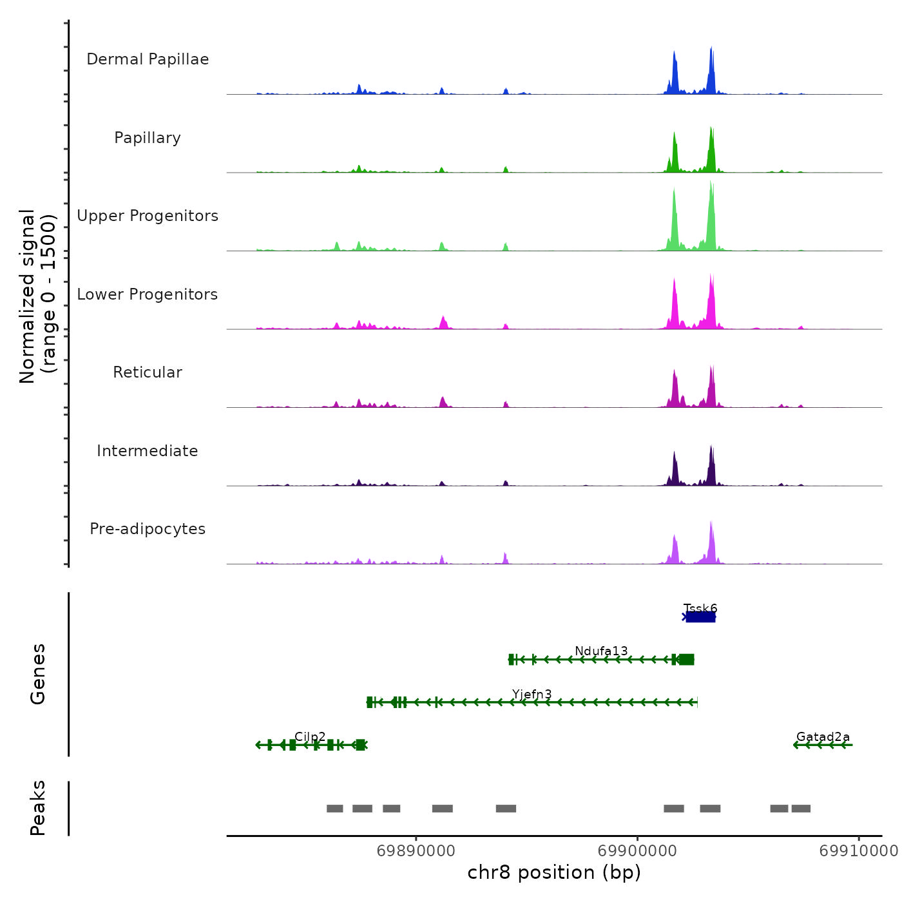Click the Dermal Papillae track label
pos(148,59)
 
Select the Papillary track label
pos(148,138)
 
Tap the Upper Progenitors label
pos(148,216)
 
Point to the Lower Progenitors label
pos(148,294)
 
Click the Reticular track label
pos(148,372)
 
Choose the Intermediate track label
pos(148,451)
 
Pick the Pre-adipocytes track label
pos(148,529)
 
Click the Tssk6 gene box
pos(700,617)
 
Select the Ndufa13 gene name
pos(601,651)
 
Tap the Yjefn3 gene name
pos(532,694)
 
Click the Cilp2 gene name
pos(310,736)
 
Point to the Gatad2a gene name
pos(823,736)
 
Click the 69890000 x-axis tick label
pos(416,851)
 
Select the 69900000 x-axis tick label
pos(637,851)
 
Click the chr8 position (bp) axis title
pos(554,872)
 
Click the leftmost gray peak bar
pos(334,809)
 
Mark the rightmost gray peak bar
pos(801,809)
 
